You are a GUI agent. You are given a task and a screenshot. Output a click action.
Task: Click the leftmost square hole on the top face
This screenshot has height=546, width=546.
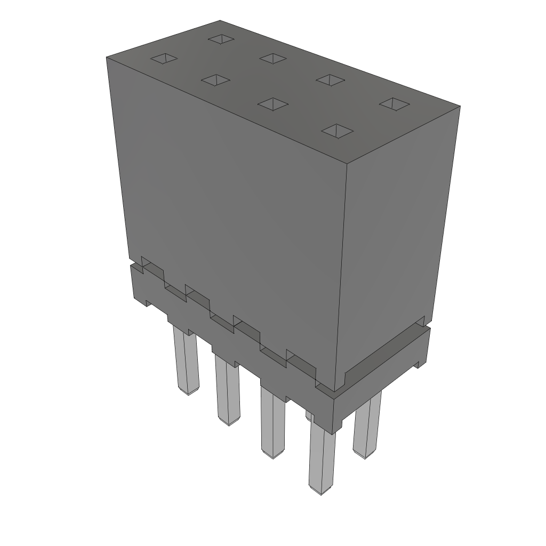click(163, 58)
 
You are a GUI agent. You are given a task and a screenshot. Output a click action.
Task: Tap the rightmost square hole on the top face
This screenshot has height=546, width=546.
click(394, 104)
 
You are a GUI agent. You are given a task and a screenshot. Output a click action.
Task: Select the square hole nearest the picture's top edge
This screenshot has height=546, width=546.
click(221, 38)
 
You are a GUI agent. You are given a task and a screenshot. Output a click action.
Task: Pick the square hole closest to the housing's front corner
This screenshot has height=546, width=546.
click(338, 131)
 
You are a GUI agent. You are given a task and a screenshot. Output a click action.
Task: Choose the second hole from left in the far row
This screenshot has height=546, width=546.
click(274, 58)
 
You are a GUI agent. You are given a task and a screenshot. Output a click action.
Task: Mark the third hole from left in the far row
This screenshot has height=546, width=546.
click(330, 79)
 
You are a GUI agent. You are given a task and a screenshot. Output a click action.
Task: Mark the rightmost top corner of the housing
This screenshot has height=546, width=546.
click(460, 106)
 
